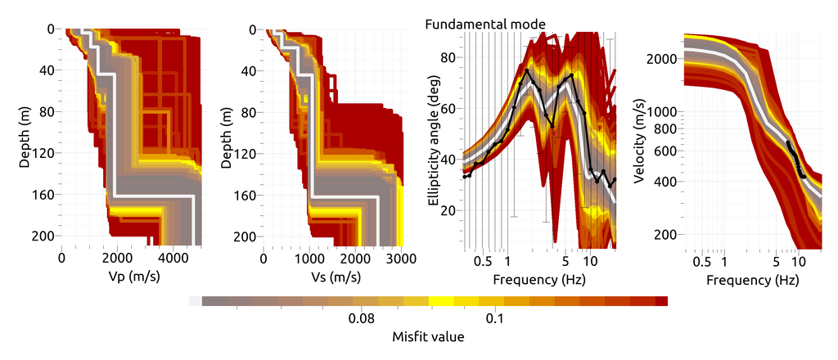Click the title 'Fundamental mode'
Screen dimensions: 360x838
[485, 24]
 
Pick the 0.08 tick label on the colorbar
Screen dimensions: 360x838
[362, 318]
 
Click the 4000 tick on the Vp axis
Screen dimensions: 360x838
[173, 259]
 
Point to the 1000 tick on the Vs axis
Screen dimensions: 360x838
[309, 259]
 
